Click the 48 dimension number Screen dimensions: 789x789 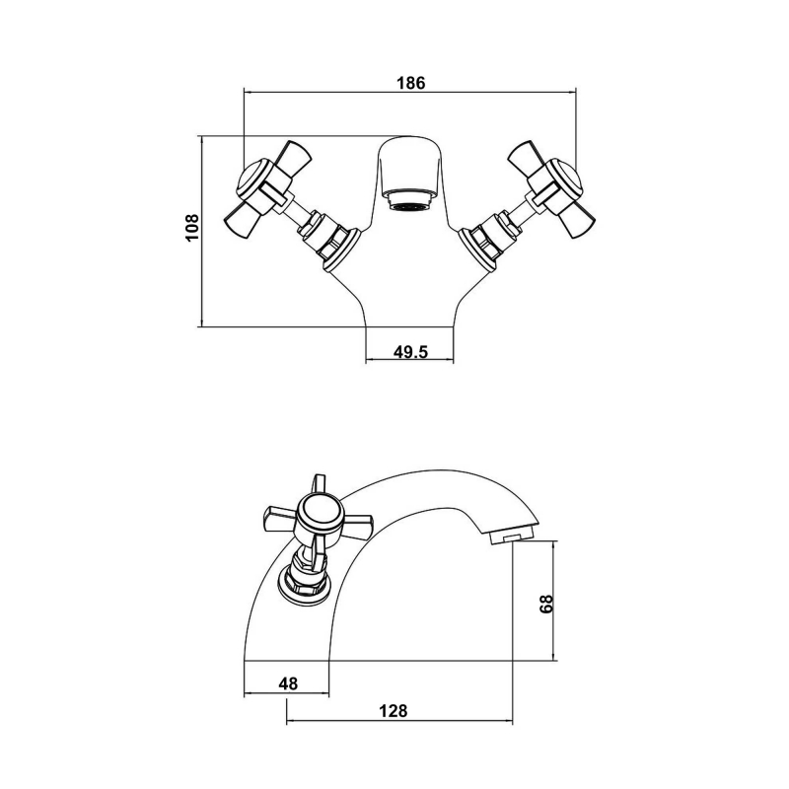tap(288, 681)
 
